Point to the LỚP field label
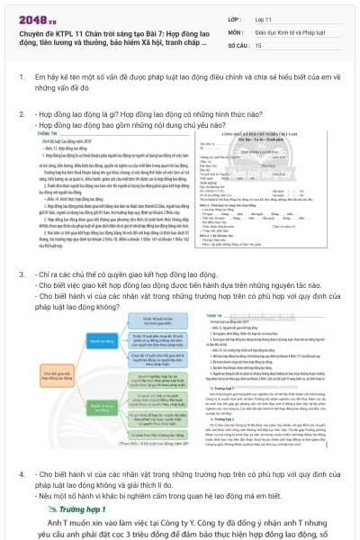(235, 18)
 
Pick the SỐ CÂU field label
(238, 44)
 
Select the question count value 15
(259, 44)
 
